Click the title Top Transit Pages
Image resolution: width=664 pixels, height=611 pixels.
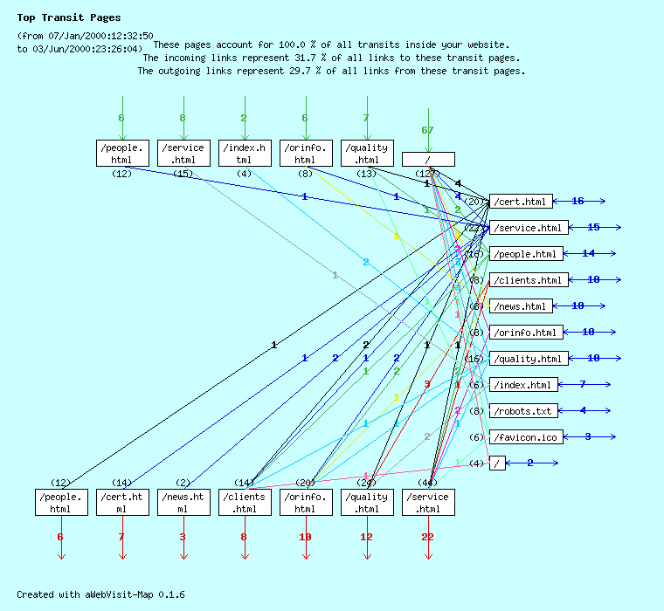(69, 17)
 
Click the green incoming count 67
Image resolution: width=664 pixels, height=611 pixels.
(427, 130)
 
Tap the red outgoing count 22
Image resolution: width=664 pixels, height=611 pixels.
(427, 537)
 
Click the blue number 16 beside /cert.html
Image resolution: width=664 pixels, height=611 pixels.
(578, 202)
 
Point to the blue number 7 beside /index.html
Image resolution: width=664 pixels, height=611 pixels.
(582, 384)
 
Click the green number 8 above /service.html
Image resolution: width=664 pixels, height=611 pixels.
(183, 118)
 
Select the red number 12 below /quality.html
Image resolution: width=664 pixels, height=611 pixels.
(366, 537)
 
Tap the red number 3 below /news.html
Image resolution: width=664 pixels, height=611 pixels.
(183, 537)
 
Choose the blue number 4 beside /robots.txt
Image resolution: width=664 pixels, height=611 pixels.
(583, 410)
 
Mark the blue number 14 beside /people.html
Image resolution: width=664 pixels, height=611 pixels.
(588, 253)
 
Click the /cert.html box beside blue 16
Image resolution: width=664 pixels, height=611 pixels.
(521, 202)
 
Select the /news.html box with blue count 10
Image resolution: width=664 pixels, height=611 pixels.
(521, 306)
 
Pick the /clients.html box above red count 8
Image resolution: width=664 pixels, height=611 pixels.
(245, 502)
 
